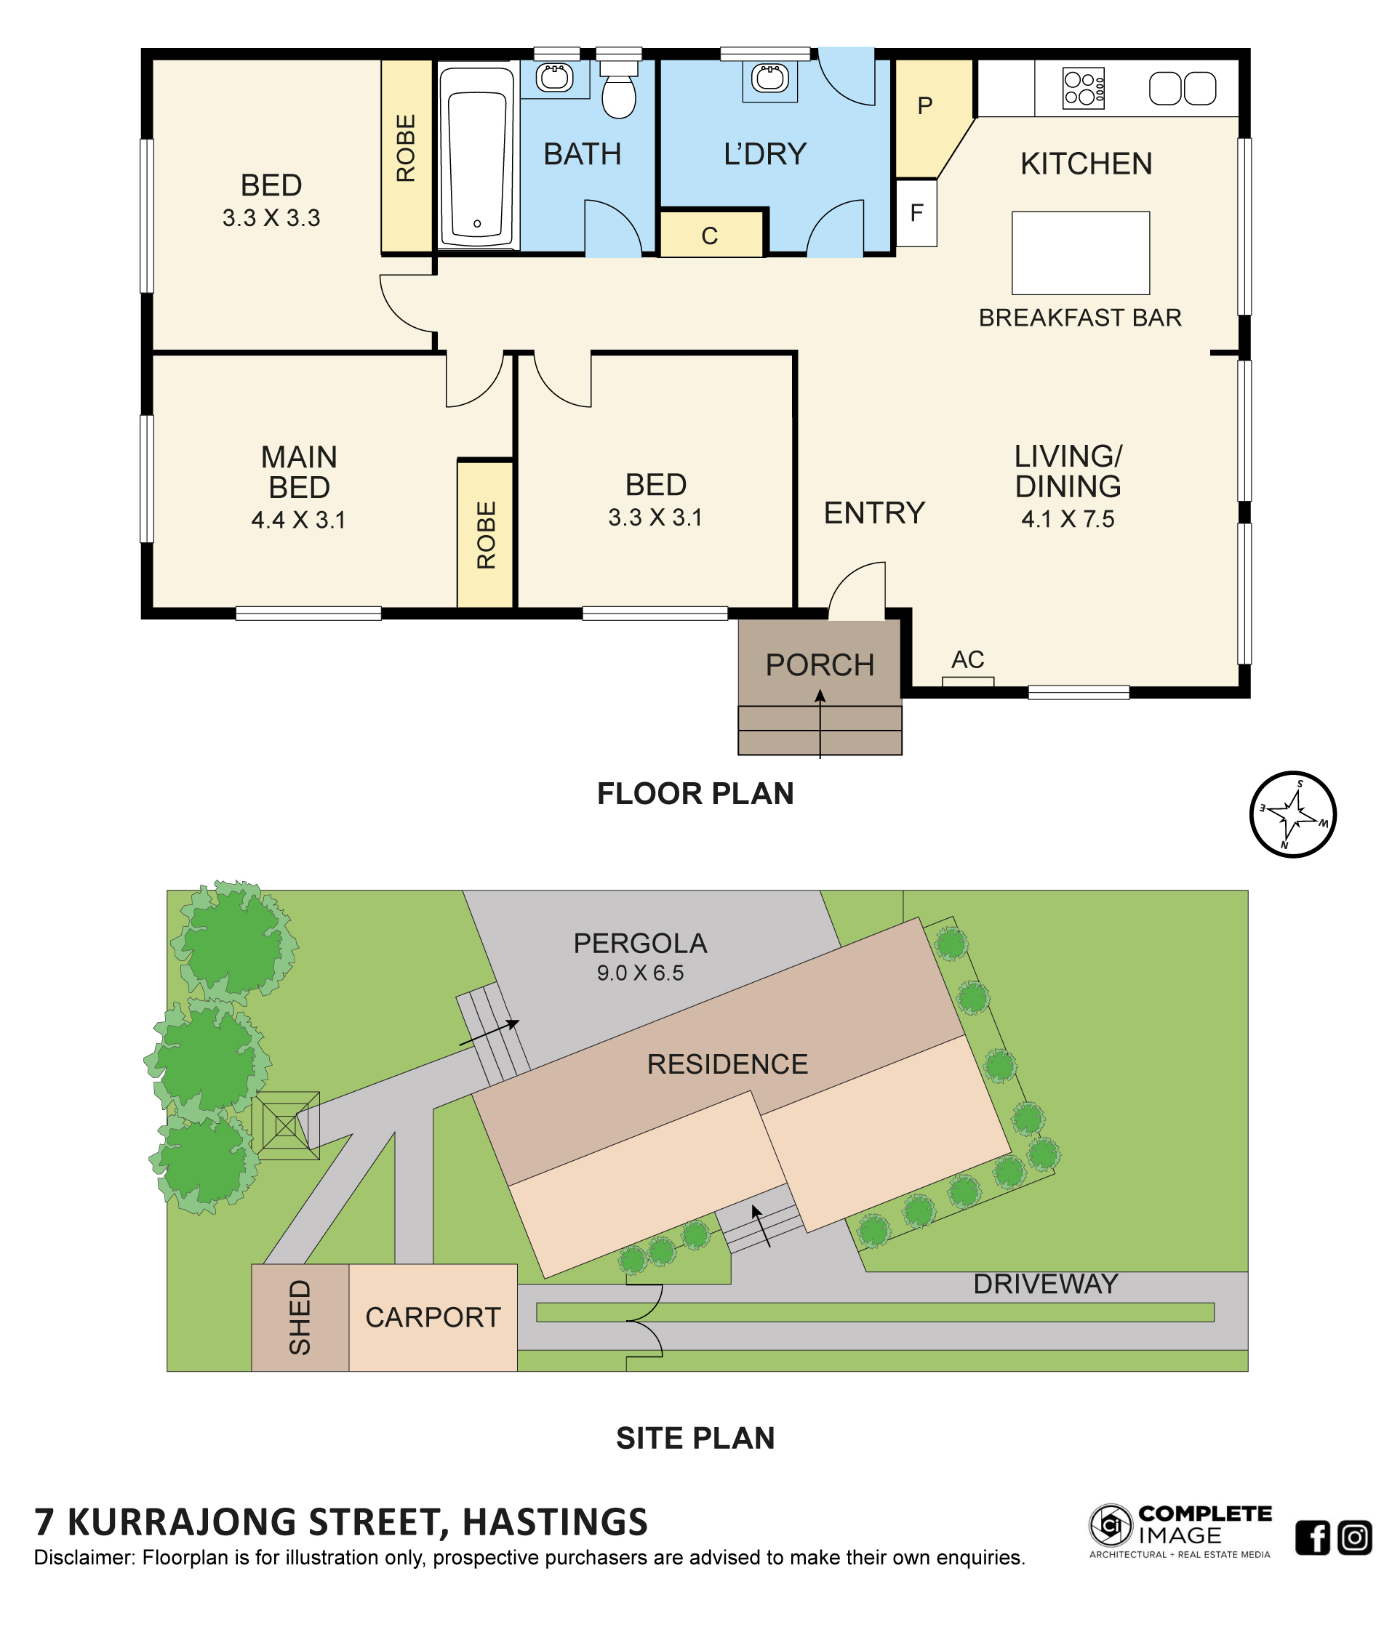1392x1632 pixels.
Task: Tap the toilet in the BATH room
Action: [618, 91]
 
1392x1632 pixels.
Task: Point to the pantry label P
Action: [925, 105]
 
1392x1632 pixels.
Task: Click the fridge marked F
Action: [916, 213]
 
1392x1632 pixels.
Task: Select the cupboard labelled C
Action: [711, 235]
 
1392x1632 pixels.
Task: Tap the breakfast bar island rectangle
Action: [1080, 253]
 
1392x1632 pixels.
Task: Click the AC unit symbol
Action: [967, 681]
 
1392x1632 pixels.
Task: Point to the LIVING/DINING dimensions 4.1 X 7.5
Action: [1068, 519]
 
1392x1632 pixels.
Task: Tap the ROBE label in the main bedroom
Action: [486, 535]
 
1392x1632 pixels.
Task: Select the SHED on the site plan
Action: [300, 1318]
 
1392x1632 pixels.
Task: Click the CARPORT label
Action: [433, 1317]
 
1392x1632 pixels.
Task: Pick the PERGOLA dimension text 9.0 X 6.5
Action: [640, 973]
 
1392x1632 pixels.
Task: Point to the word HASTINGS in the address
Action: [555, 1522]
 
